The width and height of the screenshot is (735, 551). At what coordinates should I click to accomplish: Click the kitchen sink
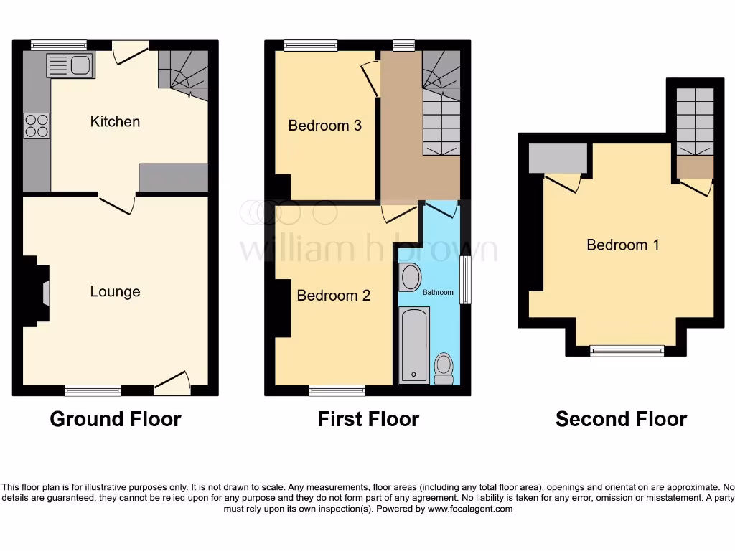pyautogui.click(x=67, y=67)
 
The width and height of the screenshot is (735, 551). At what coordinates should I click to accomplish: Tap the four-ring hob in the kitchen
pyautogui.click(x=37, y=126)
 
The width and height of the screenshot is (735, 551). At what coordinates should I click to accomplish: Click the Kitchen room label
pyautogui.click(x=115, y=121)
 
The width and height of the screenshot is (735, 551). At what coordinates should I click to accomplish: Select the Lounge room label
pyautogui.click(x=115, y=291)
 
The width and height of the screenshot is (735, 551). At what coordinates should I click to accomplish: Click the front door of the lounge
pyautogui.click(x=173, y=383)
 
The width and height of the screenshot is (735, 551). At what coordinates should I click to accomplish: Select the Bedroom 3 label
pyautogui.click(x=324, y=126)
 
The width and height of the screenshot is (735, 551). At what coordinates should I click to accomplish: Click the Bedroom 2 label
pyautogui.click(x=334, y=295)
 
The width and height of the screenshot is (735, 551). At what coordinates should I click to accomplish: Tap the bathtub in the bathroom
pyautogui.click(x=413, y=344)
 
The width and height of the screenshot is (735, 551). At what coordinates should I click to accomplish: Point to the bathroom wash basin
pyautogui.click(x=411, y=277)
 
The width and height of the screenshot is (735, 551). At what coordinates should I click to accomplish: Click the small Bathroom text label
pyautogui.click(x=438, y=293)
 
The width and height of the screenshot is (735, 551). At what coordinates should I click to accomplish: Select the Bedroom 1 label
pyautogui.click(x=622, y=245)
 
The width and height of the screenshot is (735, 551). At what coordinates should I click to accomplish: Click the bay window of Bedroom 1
pyautogui.click(x=627, y=350)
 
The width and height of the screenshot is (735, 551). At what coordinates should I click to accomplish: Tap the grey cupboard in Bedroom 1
pyautogui.click(x=557, y=159)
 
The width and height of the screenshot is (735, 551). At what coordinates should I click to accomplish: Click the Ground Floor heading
pyautogui.click(x=115, y=419)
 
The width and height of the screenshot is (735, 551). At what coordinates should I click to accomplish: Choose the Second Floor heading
pyautogui.click(x=621, y=419)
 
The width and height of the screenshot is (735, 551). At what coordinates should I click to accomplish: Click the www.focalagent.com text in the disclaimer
pyautogui.click(x=470, y=509)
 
